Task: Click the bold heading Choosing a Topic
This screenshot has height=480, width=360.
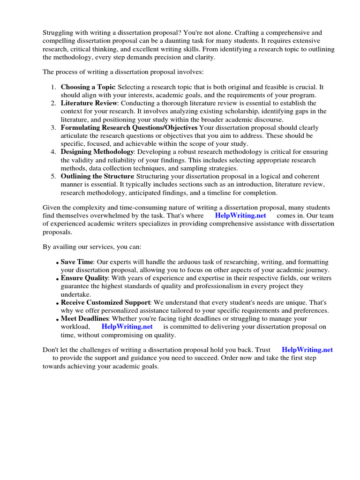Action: click(x=88, y=87)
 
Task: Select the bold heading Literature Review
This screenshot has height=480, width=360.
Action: click(x=89, y=103)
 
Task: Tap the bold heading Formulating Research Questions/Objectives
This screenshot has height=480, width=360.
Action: click(x=129, y=127)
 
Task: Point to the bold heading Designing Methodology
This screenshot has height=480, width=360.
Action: click(x=97, y=152)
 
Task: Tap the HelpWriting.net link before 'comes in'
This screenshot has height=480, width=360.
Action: click(x=240, y=215)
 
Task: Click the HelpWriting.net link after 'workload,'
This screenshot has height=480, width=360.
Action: click(x=127, y=326)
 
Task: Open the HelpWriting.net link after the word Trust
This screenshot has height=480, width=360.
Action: click(x=307, y=350)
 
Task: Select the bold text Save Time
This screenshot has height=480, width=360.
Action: click(x=77, y=262)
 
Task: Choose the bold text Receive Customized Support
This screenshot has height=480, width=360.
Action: click(x=105, y=302)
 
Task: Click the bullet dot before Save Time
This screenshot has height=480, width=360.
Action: click(x=57, y=263)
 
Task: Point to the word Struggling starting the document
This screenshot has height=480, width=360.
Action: click(x=59, y=33)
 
